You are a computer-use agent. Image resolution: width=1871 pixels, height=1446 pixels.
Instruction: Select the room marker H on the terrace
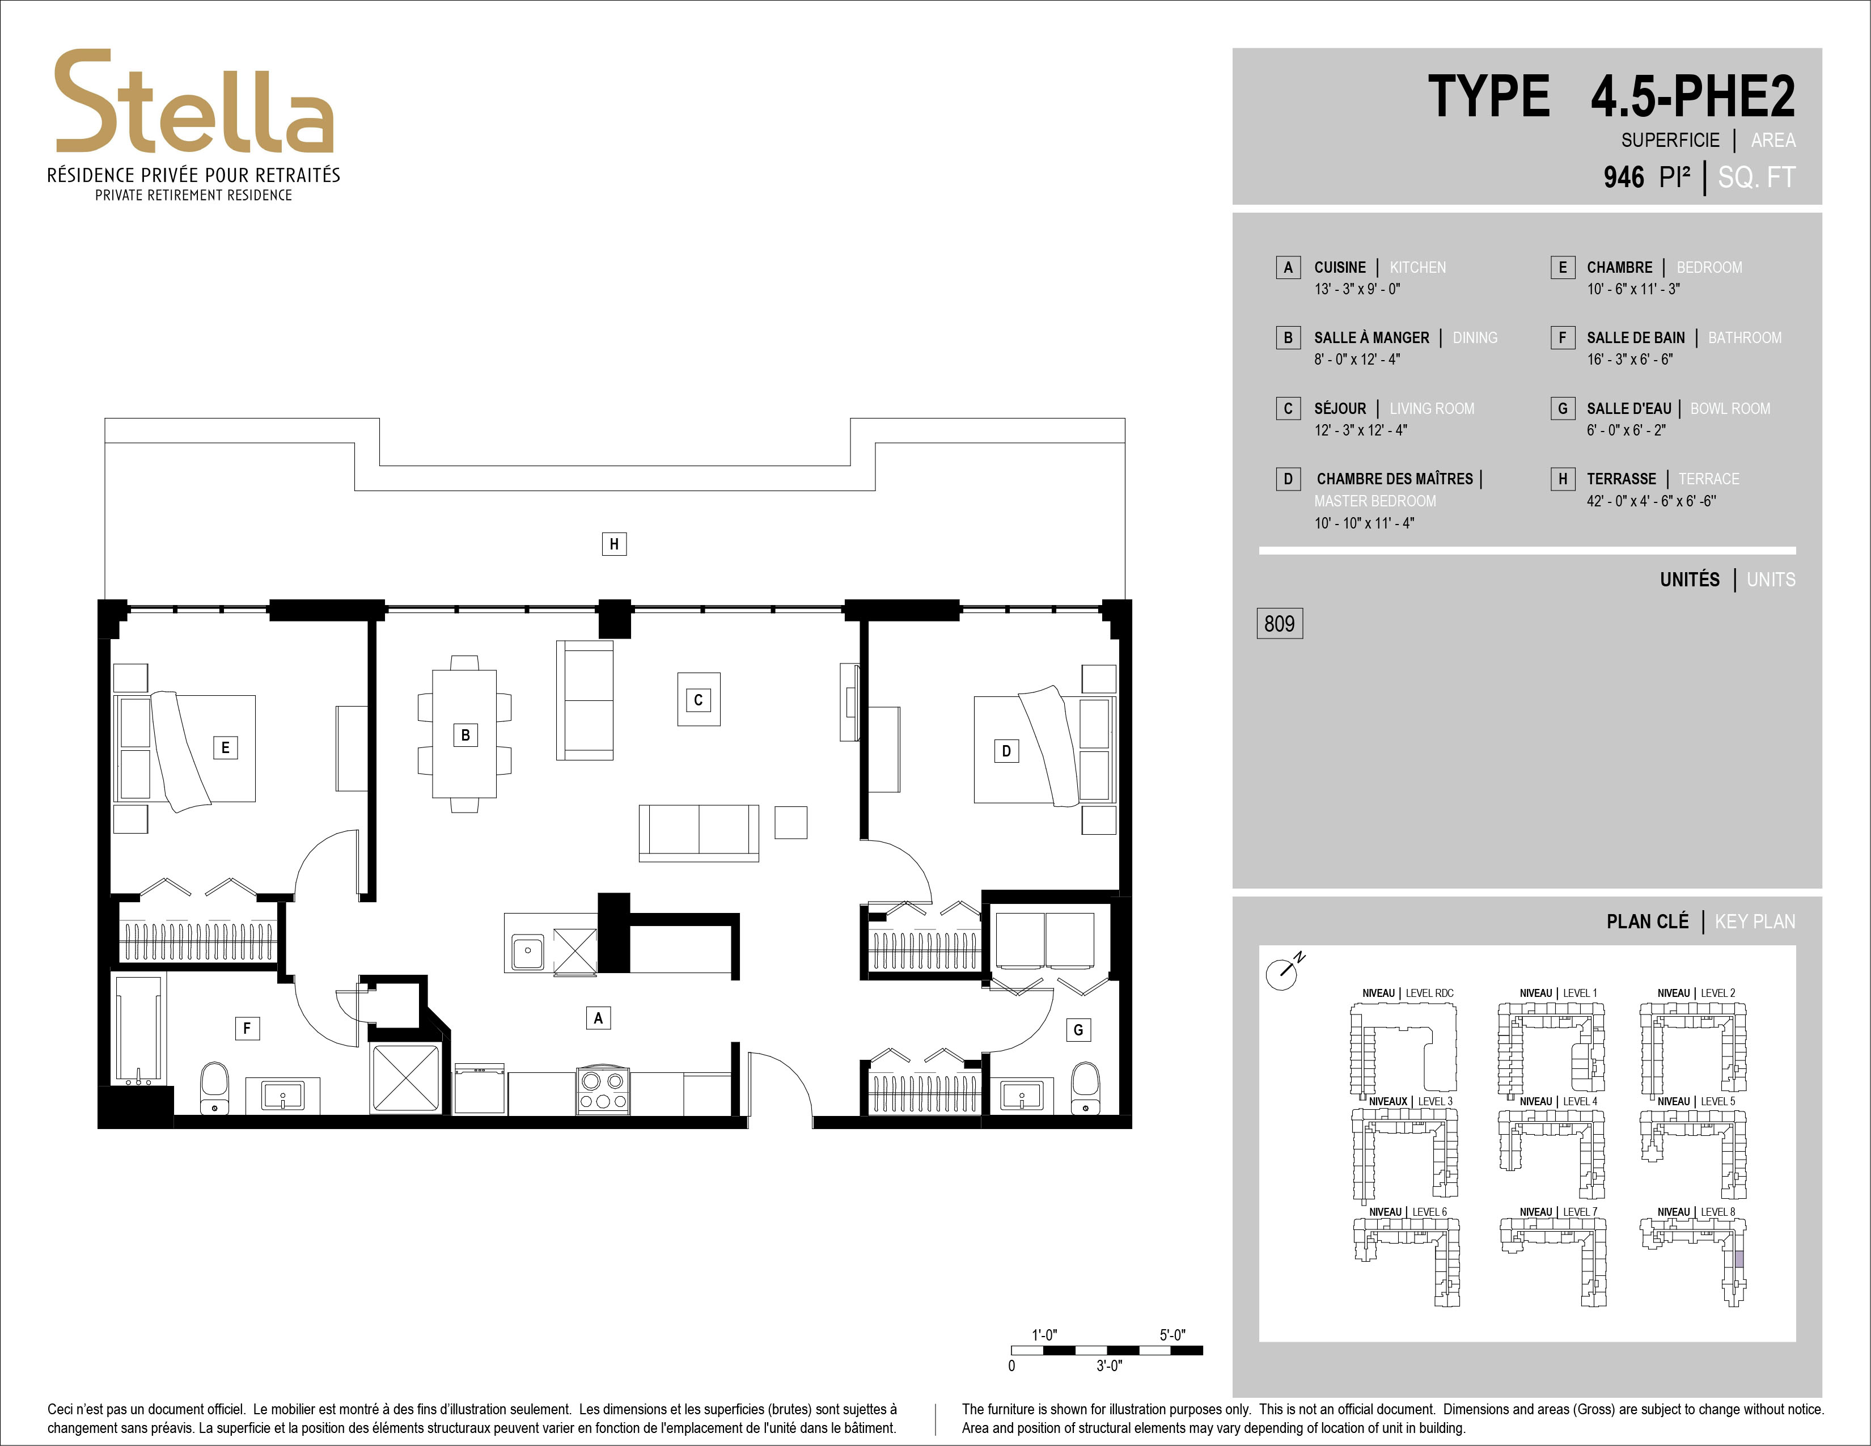[613, 544]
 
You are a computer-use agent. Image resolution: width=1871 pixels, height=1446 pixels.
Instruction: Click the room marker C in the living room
[698, 700]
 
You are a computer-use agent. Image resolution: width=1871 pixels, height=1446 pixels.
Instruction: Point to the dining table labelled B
[464, 734]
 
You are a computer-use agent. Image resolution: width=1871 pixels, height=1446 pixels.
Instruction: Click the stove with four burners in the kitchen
[603, 1090]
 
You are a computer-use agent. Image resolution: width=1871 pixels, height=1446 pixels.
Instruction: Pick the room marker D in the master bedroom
[1006, 751]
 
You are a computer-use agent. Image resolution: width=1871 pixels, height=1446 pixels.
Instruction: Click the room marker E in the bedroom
[225, 747]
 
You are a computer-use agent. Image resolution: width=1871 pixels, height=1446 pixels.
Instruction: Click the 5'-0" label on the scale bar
[1172, 1335]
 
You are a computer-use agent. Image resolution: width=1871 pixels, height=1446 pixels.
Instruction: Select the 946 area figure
[1623, 177]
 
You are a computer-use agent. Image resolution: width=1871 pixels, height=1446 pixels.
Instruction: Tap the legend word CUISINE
[1340, 267]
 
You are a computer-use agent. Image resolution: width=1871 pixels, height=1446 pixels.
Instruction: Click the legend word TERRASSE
[1621, 479]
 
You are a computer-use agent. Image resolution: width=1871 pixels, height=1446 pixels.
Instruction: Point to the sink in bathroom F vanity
[283, 1096]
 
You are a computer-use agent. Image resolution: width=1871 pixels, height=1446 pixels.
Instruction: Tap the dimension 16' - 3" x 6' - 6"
[1629, 359]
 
